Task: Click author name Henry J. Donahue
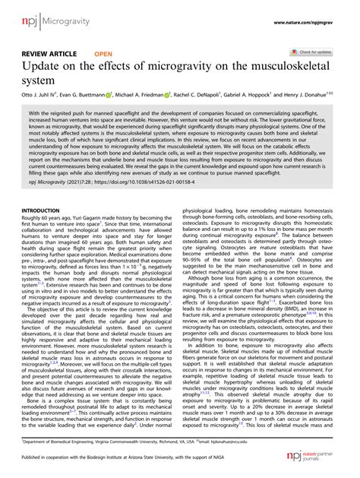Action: [330, 98]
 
